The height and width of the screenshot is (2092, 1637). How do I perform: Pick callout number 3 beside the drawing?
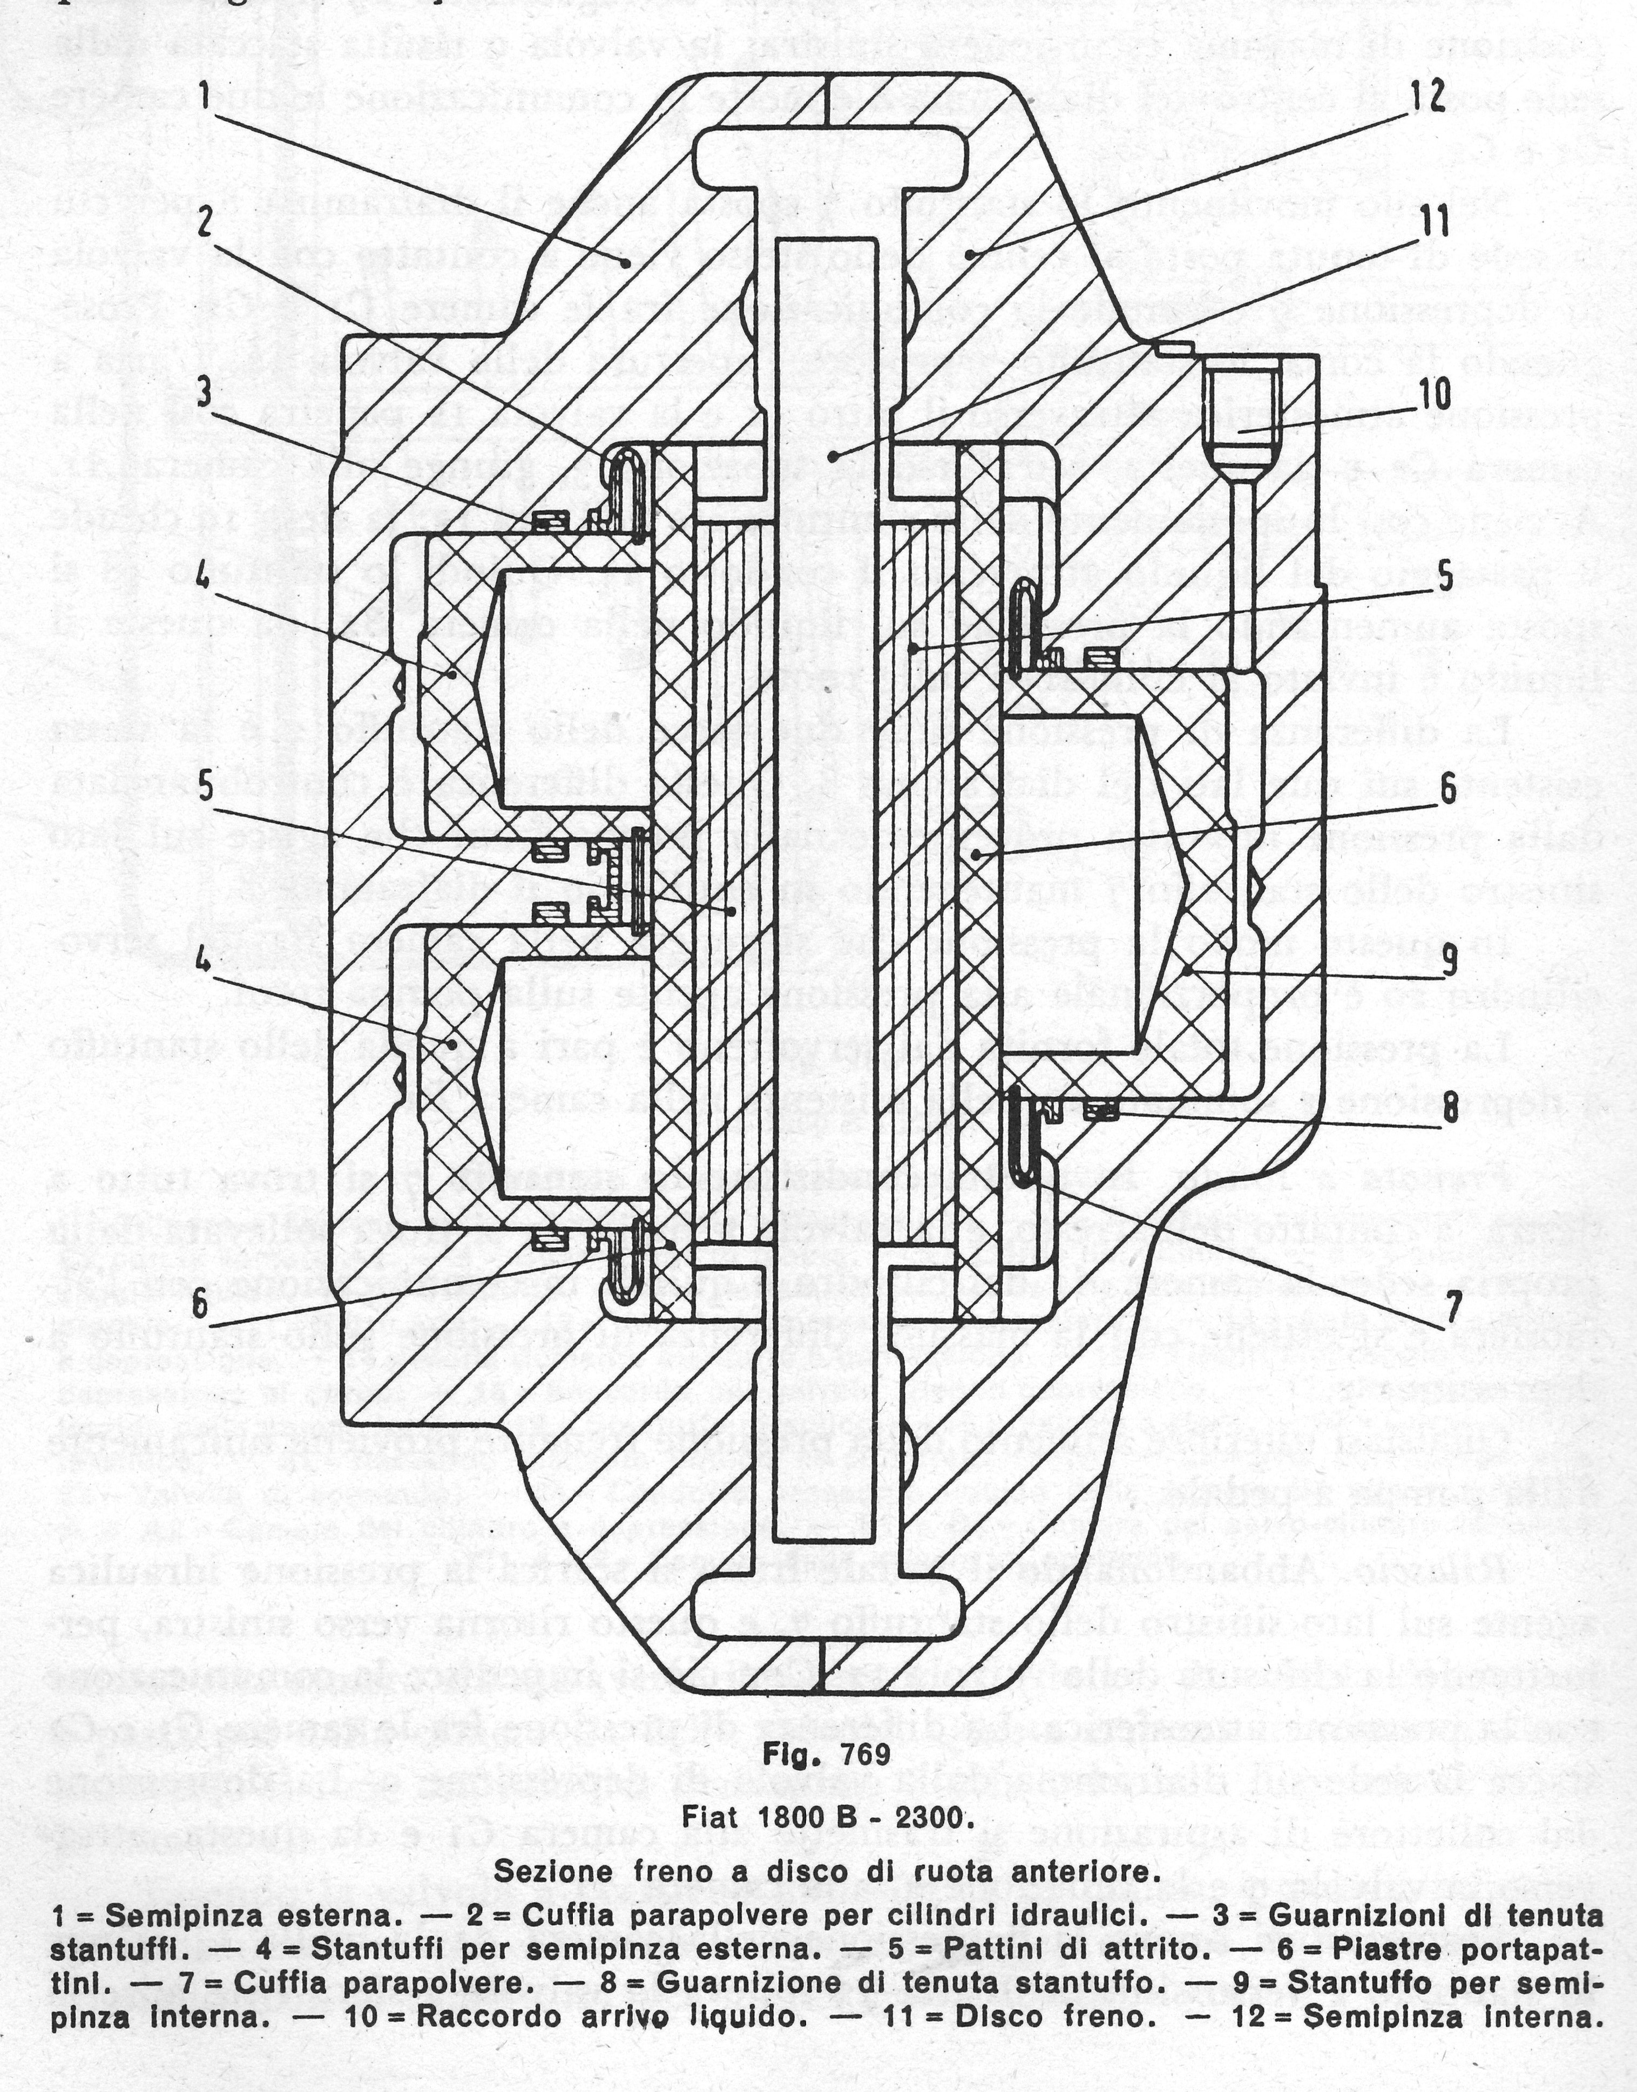point(204,396)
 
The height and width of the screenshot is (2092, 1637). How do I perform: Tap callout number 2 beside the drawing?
point(204,224)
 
